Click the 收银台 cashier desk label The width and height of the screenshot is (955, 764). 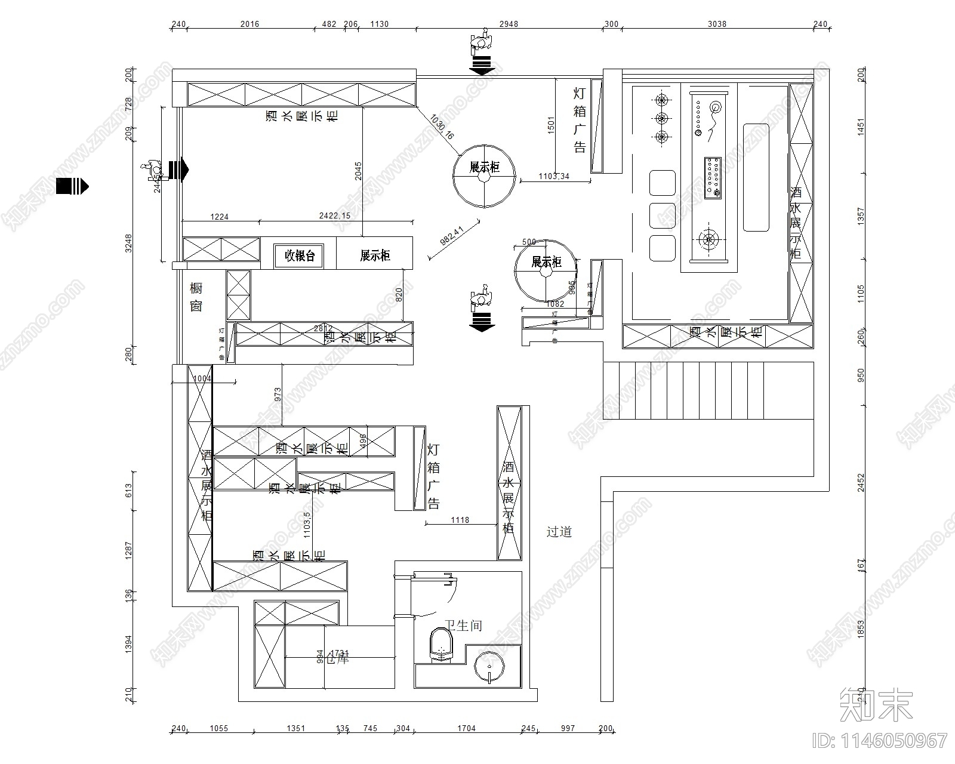pyautogui.click(x=299, y=256)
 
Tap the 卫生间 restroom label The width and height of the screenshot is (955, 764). pyautogui.click(x=464, y=626)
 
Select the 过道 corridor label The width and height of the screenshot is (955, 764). pyautogui.click(x=559, y=532)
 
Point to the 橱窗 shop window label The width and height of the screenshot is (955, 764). pyautogui.click(x=196, y=297)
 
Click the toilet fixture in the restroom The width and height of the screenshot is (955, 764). pyautogui.click(x=441, y=645)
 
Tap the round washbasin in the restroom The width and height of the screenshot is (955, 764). pyautogui.click(x=489, y=667)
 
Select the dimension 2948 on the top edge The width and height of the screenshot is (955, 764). pyautogui.click(x=509, y=24)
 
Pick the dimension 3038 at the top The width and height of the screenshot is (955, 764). pyautogui.click(x=717, y=24)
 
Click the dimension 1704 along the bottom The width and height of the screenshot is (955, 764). pyautogui.click(x=466, y=728)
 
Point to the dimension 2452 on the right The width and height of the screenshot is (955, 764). pyautogui.click(x=861, y=482)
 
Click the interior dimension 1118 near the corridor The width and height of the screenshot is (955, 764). pyautogui.click(x=460, y=520)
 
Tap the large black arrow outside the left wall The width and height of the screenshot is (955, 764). pyautogui.click(x=72, y=186)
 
